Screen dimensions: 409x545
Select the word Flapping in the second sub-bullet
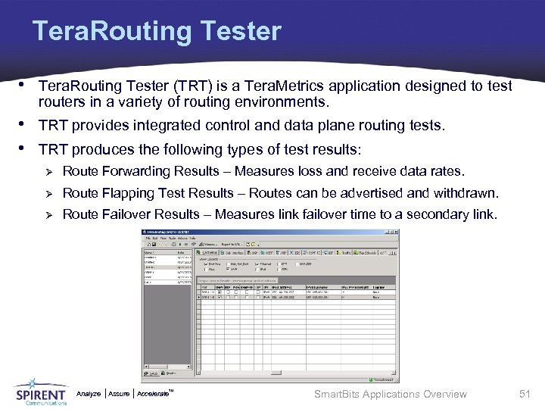pos(126,192)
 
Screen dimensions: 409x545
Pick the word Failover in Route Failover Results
pos(126,214)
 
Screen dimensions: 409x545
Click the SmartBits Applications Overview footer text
pos(391,394)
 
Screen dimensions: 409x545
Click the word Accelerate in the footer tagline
pos(153,394)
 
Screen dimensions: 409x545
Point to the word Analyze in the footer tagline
pos(89,394)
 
